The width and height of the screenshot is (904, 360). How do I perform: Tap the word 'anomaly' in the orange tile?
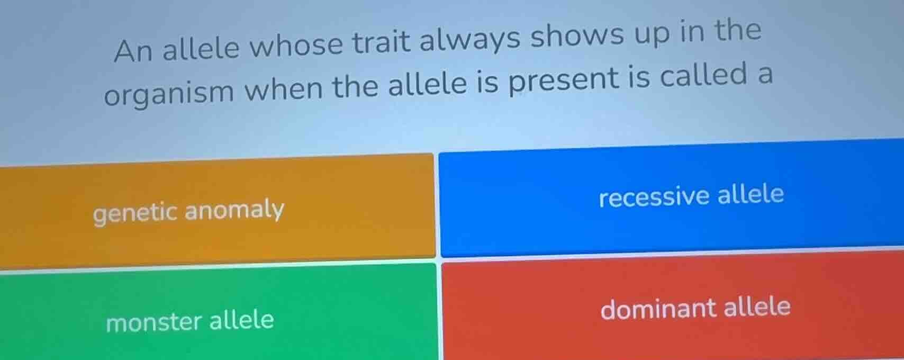tap(234, 210)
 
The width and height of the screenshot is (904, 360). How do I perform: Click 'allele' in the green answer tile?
tap(242, 320)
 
